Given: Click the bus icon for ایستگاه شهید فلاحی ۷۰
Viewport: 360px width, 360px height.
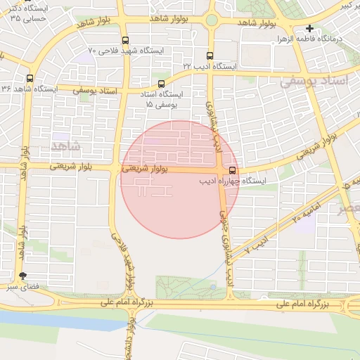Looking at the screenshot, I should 125,40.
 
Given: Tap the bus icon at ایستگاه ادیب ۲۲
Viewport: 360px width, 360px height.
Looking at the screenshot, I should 210,55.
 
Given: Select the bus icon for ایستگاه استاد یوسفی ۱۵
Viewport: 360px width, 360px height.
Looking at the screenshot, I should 161,84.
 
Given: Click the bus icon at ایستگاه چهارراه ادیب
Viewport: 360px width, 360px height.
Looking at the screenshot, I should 233,170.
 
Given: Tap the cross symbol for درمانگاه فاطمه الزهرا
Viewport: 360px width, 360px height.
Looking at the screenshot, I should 309,28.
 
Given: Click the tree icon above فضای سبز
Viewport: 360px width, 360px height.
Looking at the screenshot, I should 23,276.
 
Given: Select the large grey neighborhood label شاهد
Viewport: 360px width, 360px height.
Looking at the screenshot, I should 65,146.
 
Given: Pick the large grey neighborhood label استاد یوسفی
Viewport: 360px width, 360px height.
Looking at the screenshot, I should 314,82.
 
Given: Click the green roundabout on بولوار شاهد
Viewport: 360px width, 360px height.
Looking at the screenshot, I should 212,20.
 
